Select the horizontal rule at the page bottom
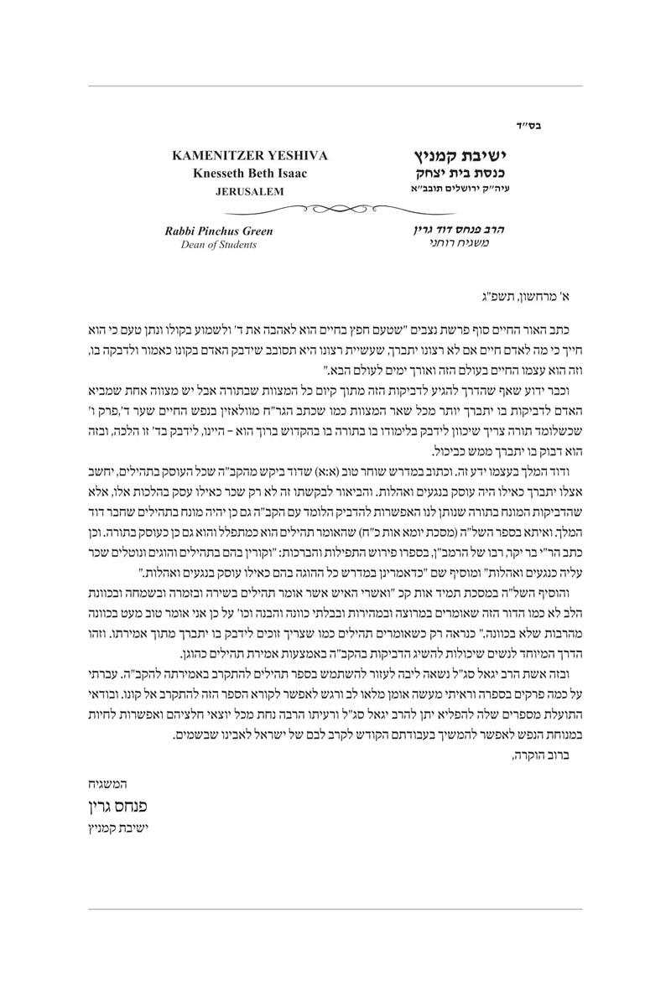(335, 907)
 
